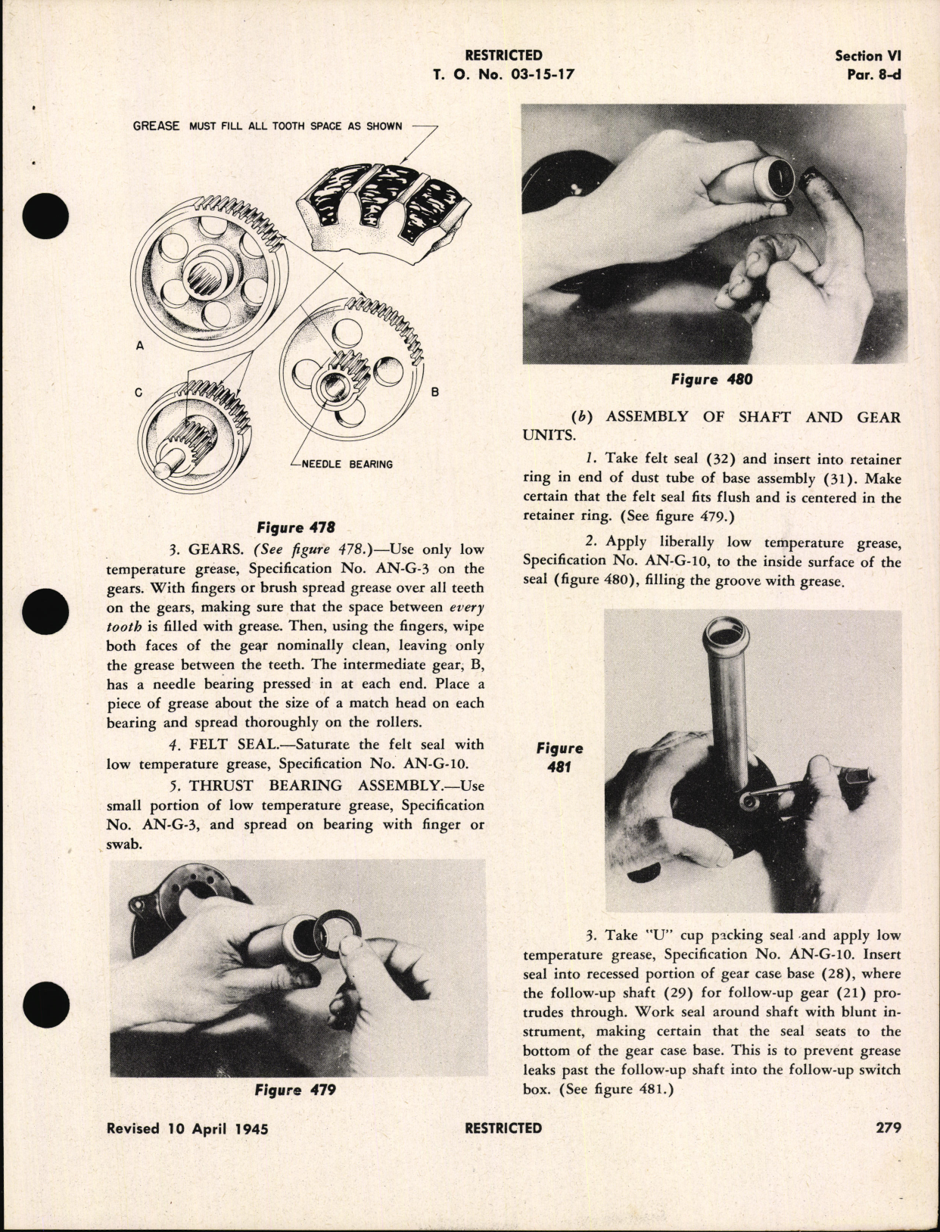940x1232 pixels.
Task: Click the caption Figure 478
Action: [x=296, y=527]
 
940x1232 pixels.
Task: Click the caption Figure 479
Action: [x=295, y=1090]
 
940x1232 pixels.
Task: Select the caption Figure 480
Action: [x=711, y=379]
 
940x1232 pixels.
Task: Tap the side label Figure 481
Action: [x=559, y=757]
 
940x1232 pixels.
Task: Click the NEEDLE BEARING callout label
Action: [x=347, y=464]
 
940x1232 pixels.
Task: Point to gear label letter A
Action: [x=139, y=345]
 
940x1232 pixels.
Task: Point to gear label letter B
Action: [x=435, y=392]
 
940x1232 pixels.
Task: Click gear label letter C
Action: [x=139, y=392]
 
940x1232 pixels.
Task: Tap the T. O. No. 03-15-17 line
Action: [x=503, y=74]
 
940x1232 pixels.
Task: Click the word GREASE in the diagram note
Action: [x=156, y=126]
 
